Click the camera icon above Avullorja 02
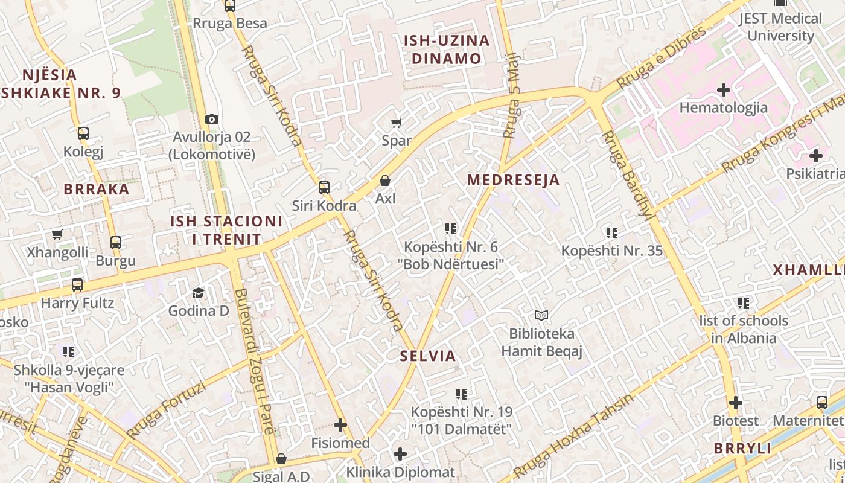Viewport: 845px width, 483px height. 211,120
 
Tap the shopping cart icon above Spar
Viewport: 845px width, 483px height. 397,123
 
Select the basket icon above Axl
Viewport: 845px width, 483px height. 384,181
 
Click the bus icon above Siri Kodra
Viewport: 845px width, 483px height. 324,188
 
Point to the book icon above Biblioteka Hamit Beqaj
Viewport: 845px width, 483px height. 541,315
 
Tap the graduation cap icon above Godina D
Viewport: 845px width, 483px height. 198,293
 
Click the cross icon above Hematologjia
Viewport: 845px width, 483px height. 723,91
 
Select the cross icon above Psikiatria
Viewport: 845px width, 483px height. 815,156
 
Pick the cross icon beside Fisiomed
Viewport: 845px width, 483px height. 340,425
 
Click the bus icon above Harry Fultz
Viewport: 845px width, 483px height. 77,285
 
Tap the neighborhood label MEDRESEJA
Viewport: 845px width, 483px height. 513,180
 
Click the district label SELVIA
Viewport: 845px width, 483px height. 428,356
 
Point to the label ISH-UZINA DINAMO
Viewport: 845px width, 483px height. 446,50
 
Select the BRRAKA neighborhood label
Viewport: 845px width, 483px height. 97,189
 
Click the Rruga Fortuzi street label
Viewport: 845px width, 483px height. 166,410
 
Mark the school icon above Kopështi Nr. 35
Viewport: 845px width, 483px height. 612,232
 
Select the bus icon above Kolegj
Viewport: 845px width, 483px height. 83,133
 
